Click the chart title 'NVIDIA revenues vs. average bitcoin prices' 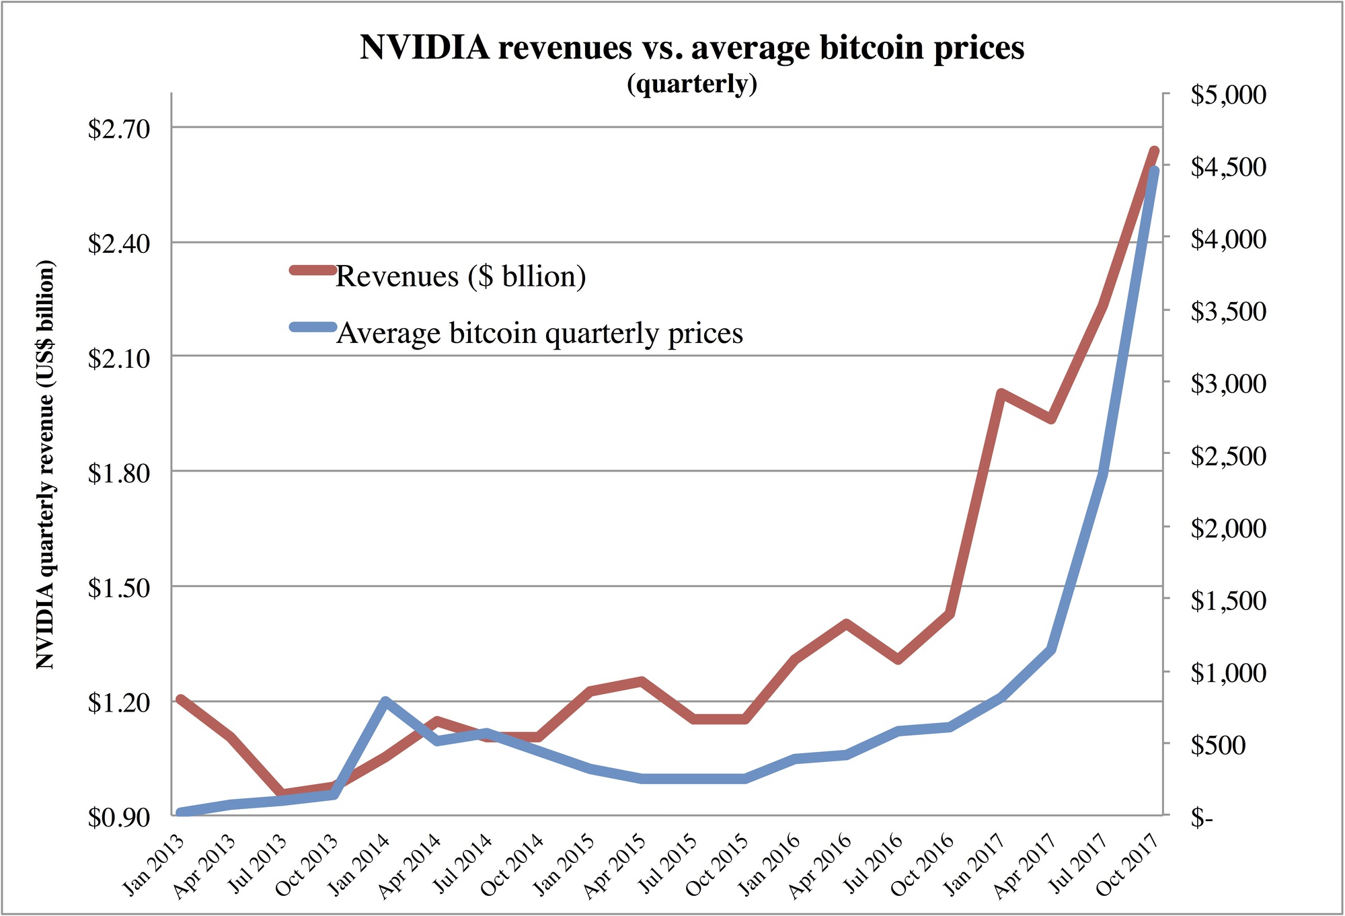pos(691,47)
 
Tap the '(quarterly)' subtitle pos(691,84)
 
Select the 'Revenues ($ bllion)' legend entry pos(461,276)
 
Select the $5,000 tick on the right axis pos(1228,95)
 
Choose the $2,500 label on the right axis pos(1228,456)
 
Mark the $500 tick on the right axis pos(1218,745)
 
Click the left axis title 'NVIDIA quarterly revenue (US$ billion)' pos(45,464)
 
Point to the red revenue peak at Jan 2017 pos(1001,392)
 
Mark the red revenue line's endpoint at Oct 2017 pos(1154,151)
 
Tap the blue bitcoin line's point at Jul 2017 pos(1103,474)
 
